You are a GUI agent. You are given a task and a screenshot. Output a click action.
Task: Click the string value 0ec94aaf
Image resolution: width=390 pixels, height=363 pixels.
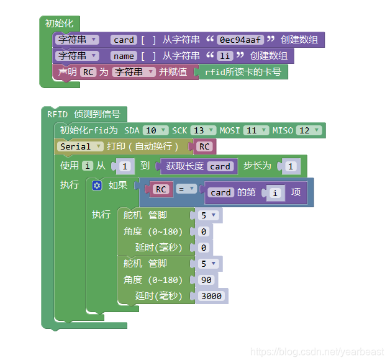pos(239,40)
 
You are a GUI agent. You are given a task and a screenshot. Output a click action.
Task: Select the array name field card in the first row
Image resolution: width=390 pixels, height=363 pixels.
pos(124,40)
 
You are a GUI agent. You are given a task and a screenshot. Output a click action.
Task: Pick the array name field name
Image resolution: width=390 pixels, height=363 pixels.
pos(124,56)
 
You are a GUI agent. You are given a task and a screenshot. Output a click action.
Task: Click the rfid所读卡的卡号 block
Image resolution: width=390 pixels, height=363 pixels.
pos(243,72)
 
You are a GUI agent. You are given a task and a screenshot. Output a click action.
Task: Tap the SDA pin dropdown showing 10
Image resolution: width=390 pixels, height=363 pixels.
pos(155,130)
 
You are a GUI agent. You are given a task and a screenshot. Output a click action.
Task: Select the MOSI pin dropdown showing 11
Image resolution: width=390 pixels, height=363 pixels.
pos(256,130)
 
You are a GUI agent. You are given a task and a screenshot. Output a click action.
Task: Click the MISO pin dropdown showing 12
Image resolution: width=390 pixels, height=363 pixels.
pos(309,130)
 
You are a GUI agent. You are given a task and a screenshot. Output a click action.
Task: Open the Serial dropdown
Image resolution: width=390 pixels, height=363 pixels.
pos(80,146)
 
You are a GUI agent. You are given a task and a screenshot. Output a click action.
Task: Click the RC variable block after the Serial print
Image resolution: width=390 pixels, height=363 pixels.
pos(204,147)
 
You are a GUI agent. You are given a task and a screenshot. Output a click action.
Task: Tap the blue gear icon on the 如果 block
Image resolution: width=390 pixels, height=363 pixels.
pos(97,186)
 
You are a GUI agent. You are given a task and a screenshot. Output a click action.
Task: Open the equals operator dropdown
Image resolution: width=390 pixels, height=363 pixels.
pos(186,189)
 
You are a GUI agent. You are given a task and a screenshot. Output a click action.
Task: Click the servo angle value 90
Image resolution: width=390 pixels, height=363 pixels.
pos(206,280)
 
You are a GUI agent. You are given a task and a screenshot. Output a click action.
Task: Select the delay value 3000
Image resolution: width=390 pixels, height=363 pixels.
pos(212,296)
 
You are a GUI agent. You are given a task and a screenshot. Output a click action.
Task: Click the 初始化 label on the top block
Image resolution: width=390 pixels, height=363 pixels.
pos(58,24)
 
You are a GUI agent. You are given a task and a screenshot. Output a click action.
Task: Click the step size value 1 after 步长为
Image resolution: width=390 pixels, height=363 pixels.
pos(290,166)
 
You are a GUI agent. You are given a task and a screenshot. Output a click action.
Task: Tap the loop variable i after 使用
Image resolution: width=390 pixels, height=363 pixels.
pos(88,166)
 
